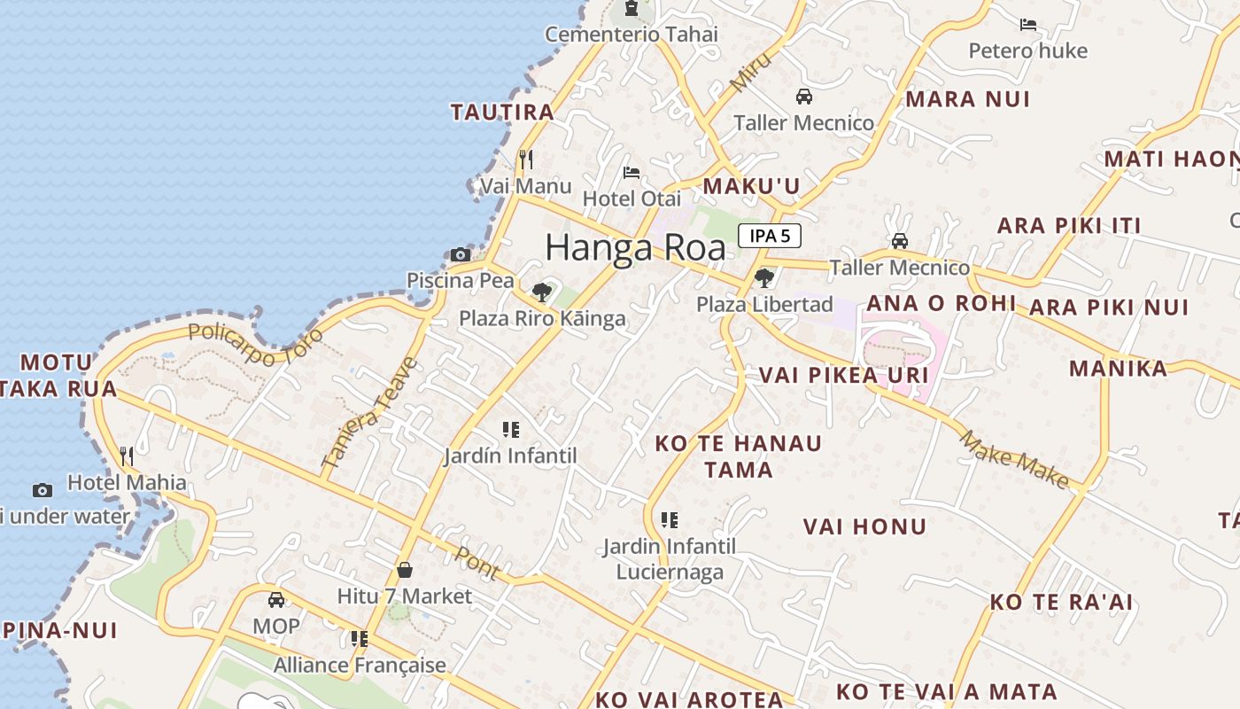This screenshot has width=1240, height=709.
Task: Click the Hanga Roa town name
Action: [x=635, y=247]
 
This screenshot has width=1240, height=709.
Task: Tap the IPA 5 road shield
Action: [x=769, y=236]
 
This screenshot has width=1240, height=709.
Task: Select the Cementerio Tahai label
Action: [x=631, y=35]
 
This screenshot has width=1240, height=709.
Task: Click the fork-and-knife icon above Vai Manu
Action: [x=526, y=160]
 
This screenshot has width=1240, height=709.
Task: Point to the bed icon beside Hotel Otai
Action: [x=632, y=173]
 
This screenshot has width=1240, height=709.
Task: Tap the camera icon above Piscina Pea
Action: [x=460, y=255]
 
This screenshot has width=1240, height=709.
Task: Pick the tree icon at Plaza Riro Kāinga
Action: [x=541, y=292]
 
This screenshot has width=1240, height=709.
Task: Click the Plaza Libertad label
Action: [x=764, y=305]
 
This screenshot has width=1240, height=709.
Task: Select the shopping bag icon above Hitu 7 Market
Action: [x=405, y=570]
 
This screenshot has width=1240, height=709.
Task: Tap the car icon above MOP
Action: [x=276, y=600]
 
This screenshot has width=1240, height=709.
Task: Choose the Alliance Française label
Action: [x=360, y=665]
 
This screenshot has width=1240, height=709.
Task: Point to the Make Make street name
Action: [x=1014, y=459]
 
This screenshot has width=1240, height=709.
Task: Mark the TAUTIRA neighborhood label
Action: [x=502, y=113]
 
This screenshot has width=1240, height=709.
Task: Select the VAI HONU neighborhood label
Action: [x=864, y=526]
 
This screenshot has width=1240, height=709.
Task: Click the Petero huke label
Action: [x=1027, y=51]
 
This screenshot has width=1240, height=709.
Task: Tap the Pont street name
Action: [x=477, y=563]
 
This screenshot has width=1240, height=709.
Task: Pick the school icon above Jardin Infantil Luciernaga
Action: [x=670, y=520]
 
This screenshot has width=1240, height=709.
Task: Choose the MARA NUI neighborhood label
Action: [x=967, y=99]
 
